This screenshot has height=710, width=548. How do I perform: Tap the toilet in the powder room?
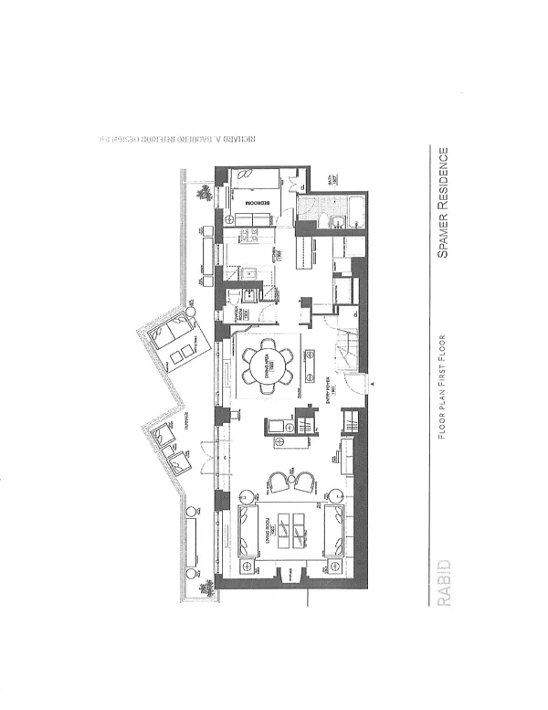tap(235, 296)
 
